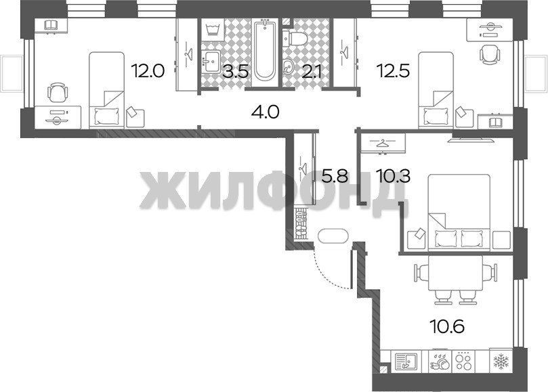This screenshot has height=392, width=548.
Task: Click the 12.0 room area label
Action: pyautogui.click(x=148, y=71)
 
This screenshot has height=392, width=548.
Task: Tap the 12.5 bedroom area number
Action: pyautogui.click(x=393, y=71)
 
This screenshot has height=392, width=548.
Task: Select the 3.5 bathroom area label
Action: pyautogui.click(x=236, y=71)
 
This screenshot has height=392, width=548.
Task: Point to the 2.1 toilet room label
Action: pyautogui.click(x=309, y=71)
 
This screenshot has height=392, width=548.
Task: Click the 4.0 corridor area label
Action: pyautogui.click(x=266, y=112)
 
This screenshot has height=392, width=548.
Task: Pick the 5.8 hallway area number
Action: pyautogui.click(x=335, y=176)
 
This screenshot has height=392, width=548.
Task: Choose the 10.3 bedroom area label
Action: pyautogui.click(x=393, y=176)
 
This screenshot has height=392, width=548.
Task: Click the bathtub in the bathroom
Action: pyautogui.click(x=264, y=51)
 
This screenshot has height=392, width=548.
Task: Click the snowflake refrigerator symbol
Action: pyautogui.click(x=501, y=360)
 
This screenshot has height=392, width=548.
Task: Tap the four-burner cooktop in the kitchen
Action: pyautogui.click(x=464, y=360)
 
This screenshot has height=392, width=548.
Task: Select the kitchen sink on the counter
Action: pyautogui.click(x=406, y=361)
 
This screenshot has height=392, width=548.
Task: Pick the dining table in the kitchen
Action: pyautogui.click(x=455, y=273)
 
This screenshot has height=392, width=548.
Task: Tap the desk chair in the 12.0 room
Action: pyautogui.click(x=57, y=92)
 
